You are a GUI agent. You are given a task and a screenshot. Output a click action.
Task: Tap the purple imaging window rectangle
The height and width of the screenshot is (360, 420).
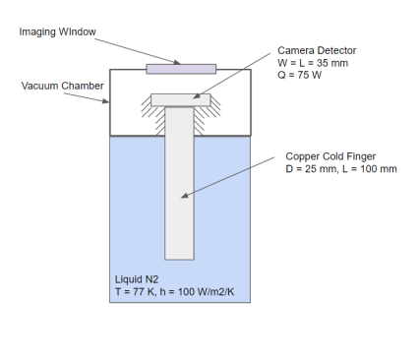[180, 69]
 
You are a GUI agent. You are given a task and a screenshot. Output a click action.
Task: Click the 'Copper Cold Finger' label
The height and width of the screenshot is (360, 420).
[331, 155]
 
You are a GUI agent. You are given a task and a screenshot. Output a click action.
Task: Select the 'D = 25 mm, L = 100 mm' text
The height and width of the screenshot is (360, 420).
[341, 169]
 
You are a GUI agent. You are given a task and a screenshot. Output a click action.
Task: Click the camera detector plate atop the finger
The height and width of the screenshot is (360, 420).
[179, 99]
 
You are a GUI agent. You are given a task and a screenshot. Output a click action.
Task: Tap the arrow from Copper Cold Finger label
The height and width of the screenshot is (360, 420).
[231, 177]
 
